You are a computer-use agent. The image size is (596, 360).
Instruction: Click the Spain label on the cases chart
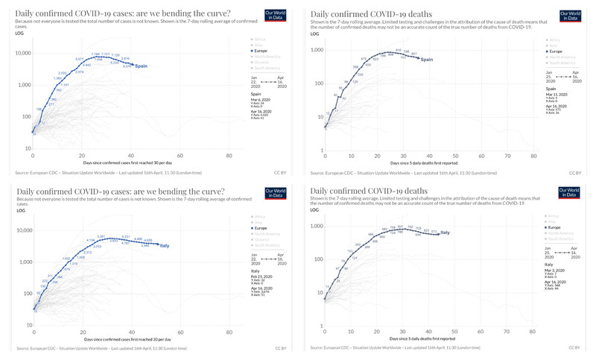(x=142, y=66)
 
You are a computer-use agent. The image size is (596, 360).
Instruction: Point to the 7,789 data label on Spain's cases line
(x=95, y=54)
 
